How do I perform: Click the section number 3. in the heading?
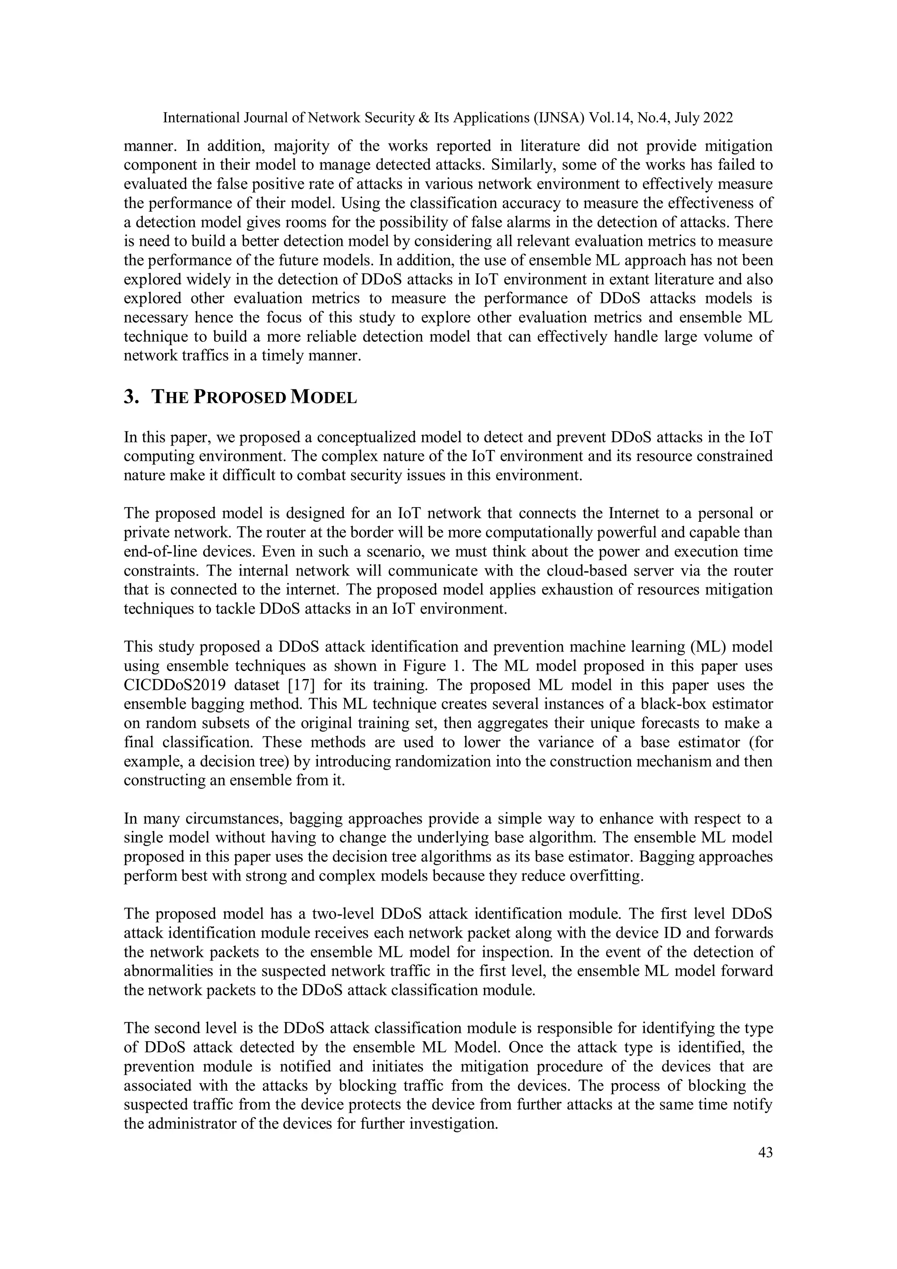click(x=131, y=397)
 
